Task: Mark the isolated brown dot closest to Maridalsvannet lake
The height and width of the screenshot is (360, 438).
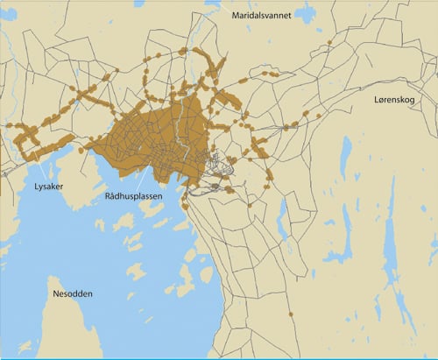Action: tap(328, 41)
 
